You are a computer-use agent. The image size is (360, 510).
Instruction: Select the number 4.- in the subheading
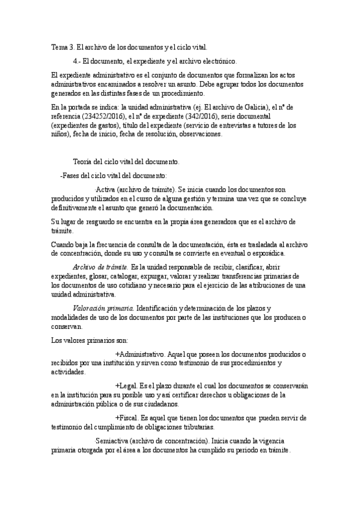click(x=76, y=61)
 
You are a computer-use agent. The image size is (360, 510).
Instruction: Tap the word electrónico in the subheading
click(x=221, y=61)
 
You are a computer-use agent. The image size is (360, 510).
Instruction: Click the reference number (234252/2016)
click(x=106, y=117)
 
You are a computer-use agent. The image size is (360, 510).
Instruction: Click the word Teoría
click(x=84, y=162)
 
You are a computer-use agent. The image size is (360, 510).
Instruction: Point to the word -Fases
click(x=71, y=176)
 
